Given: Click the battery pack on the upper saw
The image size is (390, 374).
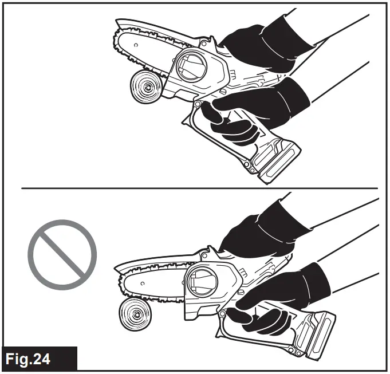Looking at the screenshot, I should [x=277, y=160].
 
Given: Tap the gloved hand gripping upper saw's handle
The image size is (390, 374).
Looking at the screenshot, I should [x=252, y=109].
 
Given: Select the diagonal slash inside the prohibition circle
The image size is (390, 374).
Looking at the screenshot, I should [x=62, y=252].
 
